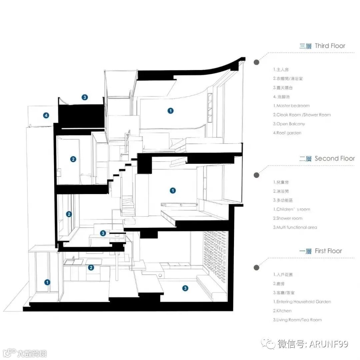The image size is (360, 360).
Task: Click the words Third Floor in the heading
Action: [330, 46]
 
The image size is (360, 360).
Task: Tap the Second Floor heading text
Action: [334, 159]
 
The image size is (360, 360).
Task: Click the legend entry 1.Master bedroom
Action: [291, 106]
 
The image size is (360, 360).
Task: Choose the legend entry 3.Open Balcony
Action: [289, 124]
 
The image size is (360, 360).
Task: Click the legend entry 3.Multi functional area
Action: [295, 227]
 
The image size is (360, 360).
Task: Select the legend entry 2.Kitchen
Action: [282, 311]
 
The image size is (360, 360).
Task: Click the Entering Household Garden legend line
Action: [302, 302]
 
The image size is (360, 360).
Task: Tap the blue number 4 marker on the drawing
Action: [46, 116]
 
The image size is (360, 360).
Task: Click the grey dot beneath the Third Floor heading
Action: [256, 62]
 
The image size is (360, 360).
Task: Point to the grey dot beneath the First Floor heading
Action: [256, 267]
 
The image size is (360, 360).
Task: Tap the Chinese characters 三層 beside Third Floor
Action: [305, 46]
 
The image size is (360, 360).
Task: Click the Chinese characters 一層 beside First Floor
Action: [305, 251]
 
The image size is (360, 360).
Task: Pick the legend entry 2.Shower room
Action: [288, 218]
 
